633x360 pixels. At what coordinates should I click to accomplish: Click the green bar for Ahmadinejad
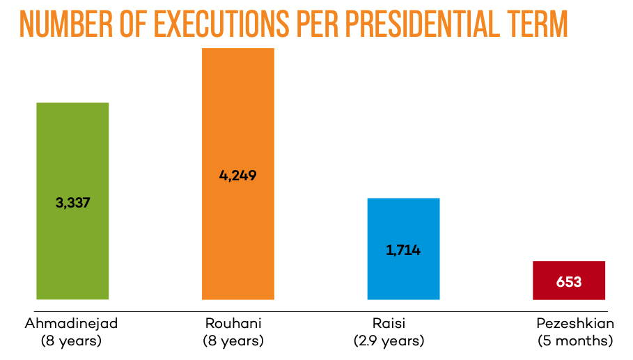(x=72, y=153)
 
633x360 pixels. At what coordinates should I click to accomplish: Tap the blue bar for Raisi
(x=403, y=223)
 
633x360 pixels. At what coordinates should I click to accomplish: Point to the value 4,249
(x=238, y=175)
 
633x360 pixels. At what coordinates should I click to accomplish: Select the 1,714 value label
(x=403, y=250)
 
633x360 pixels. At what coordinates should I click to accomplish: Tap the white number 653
(x=569, y=283)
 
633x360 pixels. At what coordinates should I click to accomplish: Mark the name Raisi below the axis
(x=389, y=324)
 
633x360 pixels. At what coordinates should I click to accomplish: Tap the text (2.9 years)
(x=389, y=341)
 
